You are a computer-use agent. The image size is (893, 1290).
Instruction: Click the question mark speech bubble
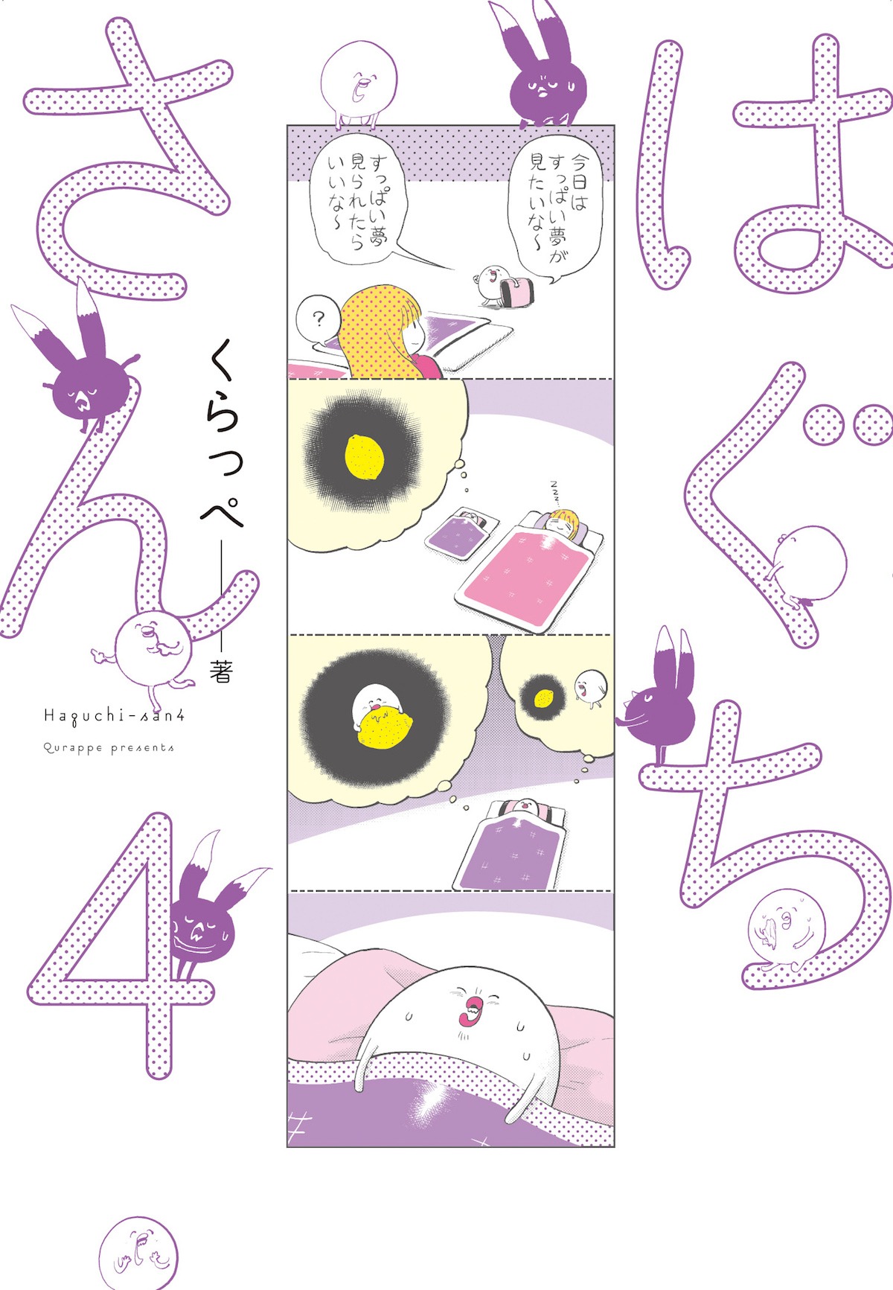[x=318, y=320]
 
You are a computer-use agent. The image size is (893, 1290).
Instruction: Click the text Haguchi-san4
[x=114, y=717]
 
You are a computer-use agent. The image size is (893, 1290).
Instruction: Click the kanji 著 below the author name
[x=221, y=671]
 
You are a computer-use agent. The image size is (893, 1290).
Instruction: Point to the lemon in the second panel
[x=365, y=456]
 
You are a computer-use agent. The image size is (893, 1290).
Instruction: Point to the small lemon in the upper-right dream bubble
[x=544, y=697]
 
